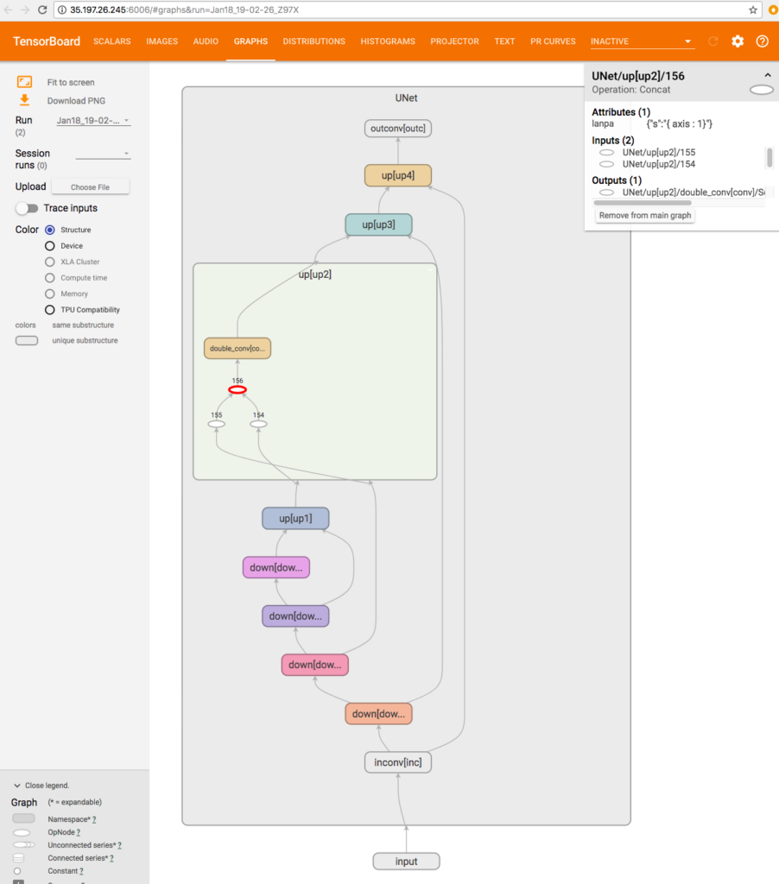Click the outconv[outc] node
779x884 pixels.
(398, 129)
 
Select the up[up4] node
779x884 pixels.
(398, 176)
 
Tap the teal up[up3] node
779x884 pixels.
(378, 224)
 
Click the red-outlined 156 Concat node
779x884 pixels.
(237, 390)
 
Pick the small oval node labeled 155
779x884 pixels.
(217, 424)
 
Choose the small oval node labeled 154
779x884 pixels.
(258, 424)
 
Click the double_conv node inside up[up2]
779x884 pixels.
(237, 349)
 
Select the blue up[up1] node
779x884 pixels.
(295, 518)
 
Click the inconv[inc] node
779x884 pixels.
(398, 762)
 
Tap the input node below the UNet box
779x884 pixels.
(406, 862)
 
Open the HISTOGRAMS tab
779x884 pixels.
(388, 41)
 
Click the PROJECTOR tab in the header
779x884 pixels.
(454, 41)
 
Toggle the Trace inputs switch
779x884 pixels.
(27, 208)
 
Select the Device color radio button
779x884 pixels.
(50, 246)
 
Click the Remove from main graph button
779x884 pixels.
(645, 215)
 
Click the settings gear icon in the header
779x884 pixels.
(738, 41)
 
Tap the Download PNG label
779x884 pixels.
(76, 101)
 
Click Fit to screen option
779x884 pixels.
(71, 83)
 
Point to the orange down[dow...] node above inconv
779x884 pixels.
(378, 714)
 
